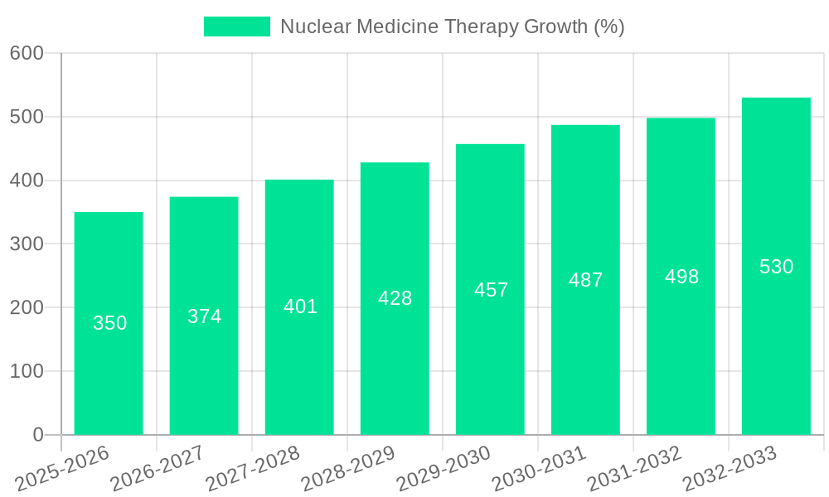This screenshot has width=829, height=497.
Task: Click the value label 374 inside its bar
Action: tap(205, 316)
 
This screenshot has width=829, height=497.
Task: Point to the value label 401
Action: tap(300, 306)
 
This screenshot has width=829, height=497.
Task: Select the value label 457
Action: tap(491, 290)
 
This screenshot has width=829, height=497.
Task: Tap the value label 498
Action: tap(681, 277)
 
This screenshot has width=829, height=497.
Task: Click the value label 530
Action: tap(777, 267)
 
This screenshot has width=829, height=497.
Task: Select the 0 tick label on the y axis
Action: tap(38, 435)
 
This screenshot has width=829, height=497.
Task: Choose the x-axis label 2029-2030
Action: tap(444, 469)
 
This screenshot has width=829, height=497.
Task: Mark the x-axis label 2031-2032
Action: tap(634, 469)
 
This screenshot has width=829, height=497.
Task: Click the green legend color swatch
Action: tap(237, 27)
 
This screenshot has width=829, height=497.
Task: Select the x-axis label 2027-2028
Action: tap(252, 469)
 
